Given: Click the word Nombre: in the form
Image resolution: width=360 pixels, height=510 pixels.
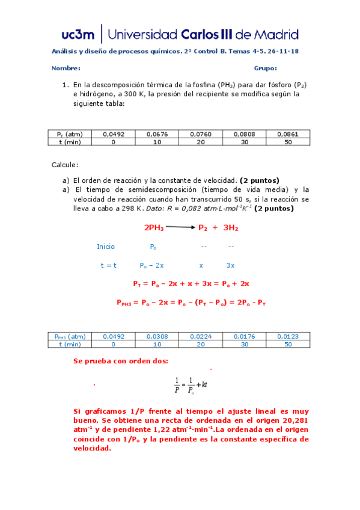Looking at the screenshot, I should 66,69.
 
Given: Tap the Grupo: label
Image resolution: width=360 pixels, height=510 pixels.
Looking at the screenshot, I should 265,69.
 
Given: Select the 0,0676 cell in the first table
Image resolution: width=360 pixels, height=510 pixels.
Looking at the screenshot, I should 157,134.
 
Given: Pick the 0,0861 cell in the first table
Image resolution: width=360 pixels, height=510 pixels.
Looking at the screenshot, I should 287,134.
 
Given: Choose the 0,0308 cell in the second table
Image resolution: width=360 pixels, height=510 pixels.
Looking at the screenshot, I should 157,336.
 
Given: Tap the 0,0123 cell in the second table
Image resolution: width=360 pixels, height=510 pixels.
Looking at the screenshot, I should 287,336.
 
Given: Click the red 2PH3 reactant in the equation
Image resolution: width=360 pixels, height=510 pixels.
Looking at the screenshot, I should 154,228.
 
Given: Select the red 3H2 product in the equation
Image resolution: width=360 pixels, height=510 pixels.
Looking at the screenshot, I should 230,228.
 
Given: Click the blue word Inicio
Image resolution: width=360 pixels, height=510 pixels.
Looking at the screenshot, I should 106,247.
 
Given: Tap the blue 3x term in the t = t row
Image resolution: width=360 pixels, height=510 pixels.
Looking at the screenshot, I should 230,265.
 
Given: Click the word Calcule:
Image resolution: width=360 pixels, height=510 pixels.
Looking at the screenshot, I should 64,165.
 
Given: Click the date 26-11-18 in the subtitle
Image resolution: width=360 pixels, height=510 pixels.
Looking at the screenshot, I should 282,51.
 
